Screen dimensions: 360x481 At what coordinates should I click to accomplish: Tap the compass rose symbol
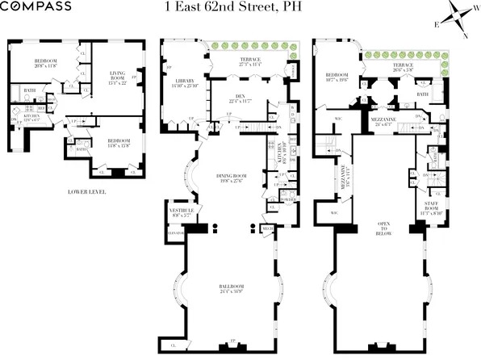tap(454, 20)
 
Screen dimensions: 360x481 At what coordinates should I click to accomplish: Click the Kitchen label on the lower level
tap(31, 118)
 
